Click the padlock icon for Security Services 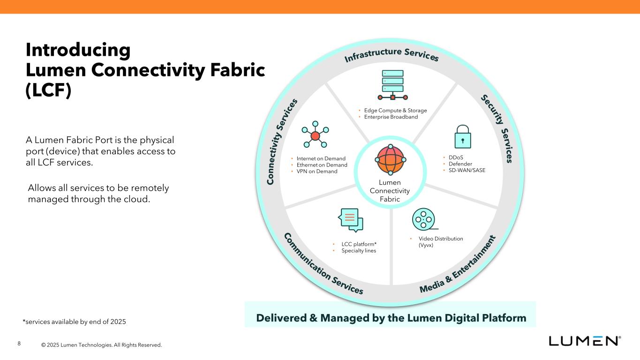click(463, 136)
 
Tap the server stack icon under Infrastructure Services click(392, 84)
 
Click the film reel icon click(423, 218)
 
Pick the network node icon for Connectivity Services click(315, 135)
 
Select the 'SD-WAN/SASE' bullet click(467, 170)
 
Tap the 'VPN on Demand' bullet click(316, 172)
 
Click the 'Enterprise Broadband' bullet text click(391, 117)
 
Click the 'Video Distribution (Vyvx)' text click(440, 242)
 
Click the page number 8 click(19, 344)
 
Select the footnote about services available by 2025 click(75, 322)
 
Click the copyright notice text click(101, 345)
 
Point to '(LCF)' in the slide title click(48, 90)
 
